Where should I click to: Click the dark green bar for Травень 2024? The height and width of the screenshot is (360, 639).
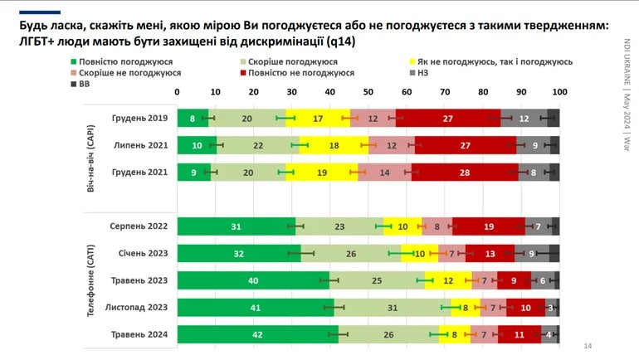coord(258,335)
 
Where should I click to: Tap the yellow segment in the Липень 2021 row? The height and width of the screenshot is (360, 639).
coord(334,146)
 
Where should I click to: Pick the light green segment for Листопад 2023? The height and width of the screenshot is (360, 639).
coord(393,308)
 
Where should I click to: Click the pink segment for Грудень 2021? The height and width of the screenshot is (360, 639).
coord(384,173)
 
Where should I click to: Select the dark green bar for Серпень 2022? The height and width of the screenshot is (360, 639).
coord(237,226)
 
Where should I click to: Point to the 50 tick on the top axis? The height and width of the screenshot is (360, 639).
coord(368,91)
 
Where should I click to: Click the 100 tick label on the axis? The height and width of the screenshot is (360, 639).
coord(559,91)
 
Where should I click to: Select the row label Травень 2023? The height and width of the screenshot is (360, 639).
coord(139,280)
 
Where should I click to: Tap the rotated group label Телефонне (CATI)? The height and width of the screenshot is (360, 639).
coord(91,280)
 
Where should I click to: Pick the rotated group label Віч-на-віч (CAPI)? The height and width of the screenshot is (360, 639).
coord(91,146)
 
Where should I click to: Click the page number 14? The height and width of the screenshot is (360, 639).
coord(588,345)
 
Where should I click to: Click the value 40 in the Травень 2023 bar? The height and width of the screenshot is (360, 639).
coord(253,280)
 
